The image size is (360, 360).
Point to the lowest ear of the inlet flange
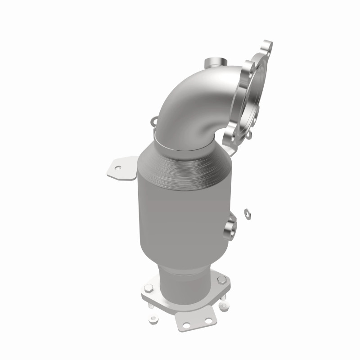[229, 131]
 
